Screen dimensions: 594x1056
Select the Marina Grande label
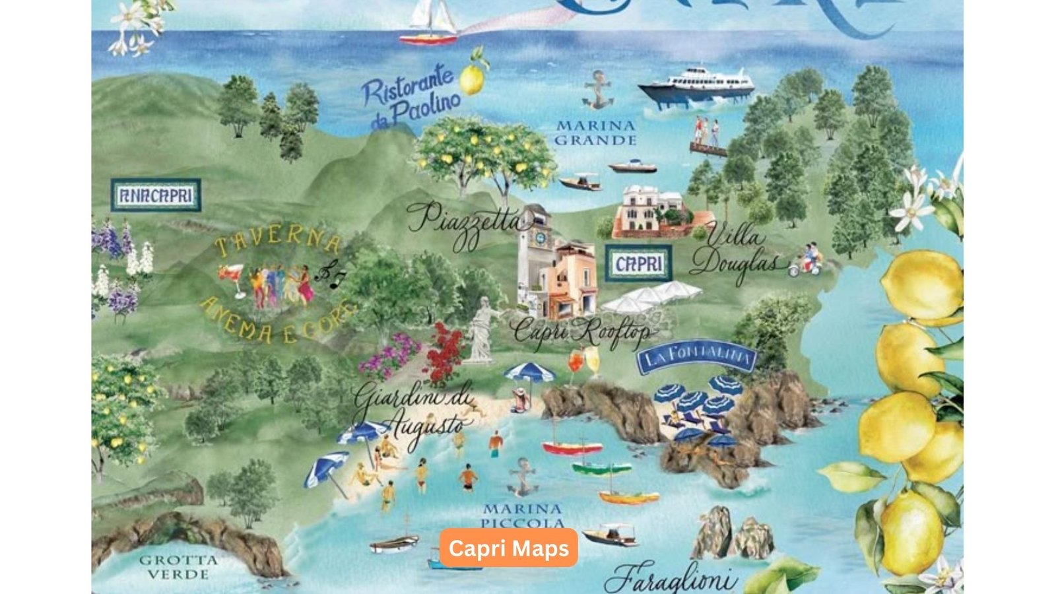coord(595,133)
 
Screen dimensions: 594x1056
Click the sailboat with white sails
coord(430,23)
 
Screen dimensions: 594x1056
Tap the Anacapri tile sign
coord(156,195)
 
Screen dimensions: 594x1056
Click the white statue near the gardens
coord(482,329)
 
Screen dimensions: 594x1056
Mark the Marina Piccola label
coord(522,515)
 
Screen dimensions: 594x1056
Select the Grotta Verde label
coord(178,567)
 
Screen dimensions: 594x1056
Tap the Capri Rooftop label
coord(581,332)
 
